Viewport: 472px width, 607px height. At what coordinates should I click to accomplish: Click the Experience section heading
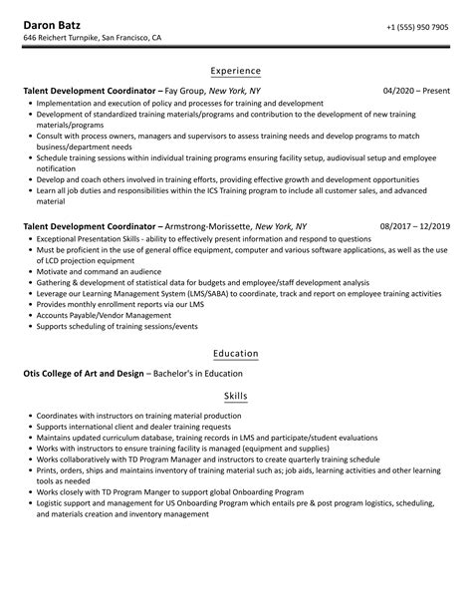pyautogui.click(x=236, y=71)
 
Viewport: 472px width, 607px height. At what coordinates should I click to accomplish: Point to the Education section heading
pyautogui.click(x=236, y=354)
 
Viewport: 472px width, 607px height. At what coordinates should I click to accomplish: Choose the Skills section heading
pyautogui.click(x=236, y=396)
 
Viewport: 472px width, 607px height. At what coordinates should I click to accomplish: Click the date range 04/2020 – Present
pyautogui.click(x=415, y=90)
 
